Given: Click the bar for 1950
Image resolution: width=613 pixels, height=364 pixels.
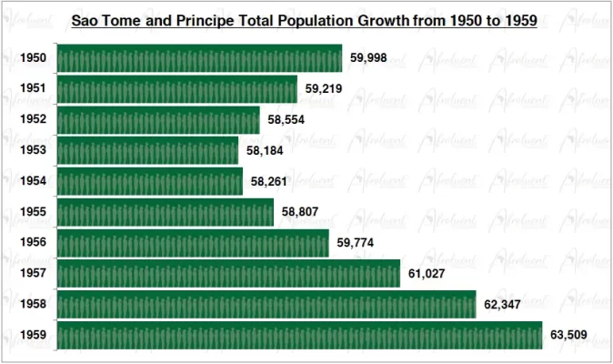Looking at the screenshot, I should [199, 58].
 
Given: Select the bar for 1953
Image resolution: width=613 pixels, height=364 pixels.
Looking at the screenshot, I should [147, 150].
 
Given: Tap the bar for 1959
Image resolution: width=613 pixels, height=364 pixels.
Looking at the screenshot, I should [299, 335].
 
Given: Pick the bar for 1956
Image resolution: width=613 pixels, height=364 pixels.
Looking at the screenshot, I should [193, 242].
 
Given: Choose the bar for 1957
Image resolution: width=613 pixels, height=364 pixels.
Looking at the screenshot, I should [228, 273].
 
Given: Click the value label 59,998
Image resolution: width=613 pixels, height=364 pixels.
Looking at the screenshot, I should [369, 58].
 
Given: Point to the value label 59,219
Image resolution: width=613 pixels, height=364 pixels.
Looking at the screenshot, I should [324, 89].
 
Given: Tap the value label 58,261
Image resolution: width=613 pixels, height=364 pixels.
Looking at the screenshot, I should [270, 181].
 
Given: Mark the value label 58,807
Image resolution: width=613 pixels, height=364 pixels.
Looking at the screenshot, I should [300, 212].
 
